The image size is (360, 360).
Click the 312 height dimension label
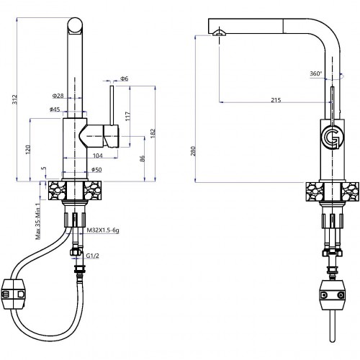click(15, 99)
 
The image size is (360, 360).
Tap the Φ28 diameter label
click(58, 96)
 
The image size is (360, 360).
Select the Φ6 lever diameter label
click(125, 78)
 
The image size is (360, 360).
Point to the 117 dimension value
click(127, 116)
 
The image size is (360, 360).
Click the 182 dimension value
click(153, 133)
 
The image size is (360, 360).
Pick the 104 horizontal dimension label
click(98, 156)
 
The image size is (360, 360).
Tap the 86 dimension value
click(142, 158)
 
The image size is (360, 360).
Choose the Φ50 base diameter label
click(96, 170)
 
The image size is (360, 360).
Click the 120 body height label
click(28, 150)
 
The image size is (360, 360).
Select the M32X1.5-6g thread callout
click(103, 230)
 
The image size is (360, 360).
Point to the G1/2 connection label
click(92, 256)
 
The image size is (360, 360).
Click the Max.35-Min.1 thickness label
click(37, 221)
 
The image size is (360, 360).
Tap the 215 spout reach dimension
click(276, 100)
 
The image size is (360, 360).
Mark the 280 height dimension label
click(194, 151)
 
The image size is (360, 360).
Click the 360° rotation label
click(315, 73)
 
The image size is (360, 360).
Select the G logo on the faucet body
click(333, 138)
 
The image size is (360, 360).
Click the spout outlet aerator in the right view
click(219, 33)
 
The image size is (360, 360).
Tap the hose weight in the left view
click(14, 294)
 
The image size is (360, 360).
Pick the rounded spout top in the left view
click(75, 25)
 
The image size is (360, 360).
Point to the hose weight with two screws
click(333, 295)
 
